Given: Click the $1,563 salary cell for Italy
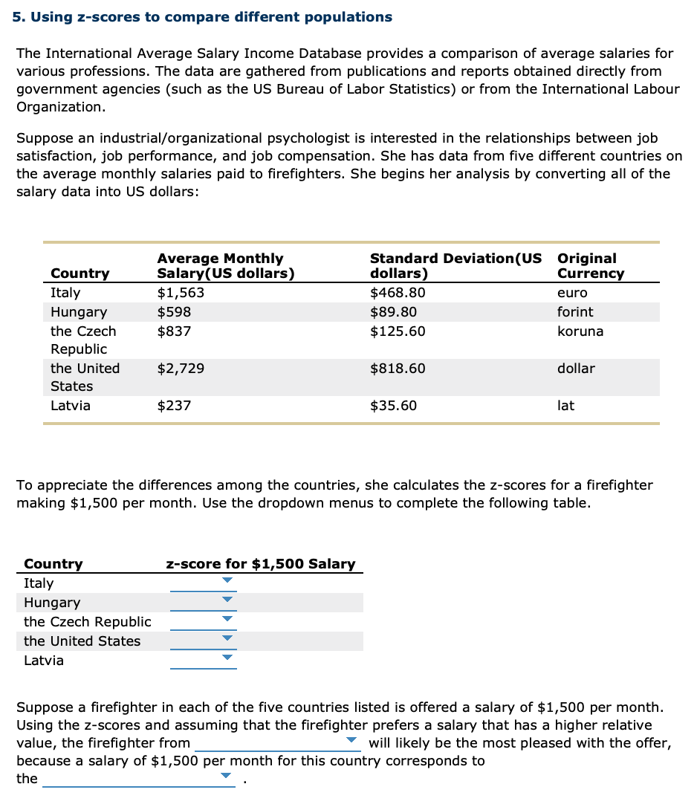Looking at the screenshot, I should click(x=181, y=293).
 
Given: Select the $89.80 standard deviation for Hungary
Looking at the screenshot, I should click(x=393, y=312).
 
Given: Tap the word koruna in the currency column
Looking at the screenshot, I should click(x=580, y=331).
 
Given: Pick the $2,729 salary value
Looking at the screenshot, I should click(x=181, y=369).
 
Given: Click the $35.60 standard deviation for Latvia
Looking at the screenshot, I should click(x=393, y=406).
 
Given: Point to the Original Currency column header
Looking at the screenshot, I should click(x=591, y=265).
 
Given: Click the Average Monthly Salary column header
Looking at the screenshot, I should click(x=225, y=265).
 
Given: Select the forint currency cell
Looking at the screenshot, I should click(x=575, y=312).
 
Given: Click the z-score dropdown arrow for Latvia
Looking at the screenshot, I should click(x=227, y=658).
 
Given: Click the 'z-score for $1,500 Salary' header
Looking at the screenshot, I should click(x=260, y=564).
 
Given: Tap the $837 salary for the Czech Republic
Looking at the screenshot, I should click(x=174, y=331).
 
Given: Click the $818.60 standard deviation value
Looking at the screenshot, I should click(x=398, y=369).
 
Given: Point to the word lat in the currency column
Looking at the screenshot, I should click(x=565, y=406).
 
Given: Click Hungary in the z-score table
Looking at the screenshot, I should click(x=52, y=603).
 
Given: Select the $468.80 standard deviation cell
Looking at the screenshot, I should click(x=398, y=293).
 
